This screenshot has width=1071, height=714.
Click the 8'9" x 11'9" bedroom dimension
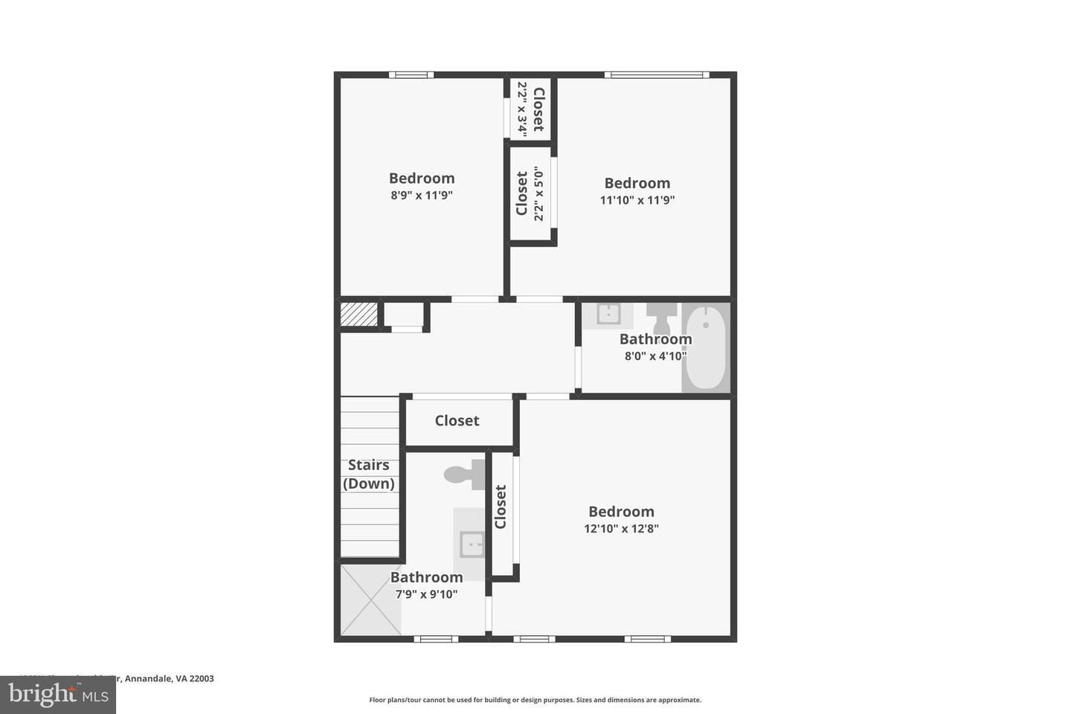[x=422, y=196]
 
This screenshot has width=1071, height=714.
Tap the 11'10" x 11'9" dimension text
[x=637, y=200]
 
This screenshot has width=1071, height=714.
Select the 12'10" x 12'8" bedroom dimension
[x=621, y=529]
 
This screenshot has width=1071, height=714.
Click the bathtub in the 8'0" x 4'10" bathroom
[x=705, y=347]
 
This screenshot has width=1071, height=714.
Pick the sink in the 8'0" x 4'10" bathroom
[x=608, y=315]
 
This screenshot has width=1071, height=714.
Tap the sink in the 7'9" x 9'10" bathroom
[x=472, y=544]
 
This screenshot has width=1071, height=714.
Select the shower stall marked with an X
[x=370, y=600]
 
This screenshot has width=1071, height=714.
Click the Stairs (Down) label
[x=369, y=475]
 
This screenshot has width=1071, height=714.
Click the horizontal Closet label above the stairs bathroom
[x=457, y=421]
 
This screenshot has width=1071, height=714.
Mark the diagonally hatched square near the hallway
[x=358, y=314]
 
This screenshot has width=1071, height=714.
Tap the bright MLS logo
[x=57, y=695]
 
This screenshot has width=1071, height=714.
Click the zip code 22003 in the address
[x=202, y=678]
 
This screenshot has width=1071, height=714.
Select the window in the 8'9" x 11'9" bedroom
[x=411, y=74]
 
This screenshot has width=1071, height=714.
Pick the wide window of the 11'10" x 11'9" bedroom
[x=656, y=74]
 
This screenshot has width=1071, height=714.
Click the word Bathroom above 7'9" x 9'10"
[x=426, y=577]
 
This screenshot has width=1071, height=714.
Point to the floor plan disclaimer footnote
[x=535, y=700]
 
